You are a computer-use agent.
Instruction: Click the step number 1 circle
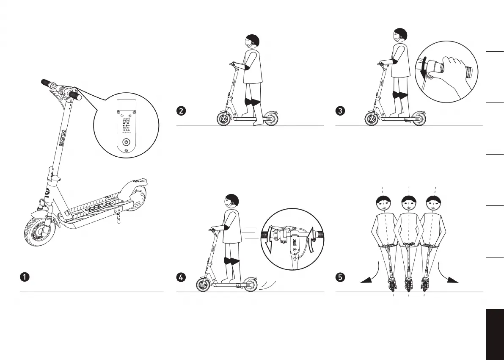click(25, 277)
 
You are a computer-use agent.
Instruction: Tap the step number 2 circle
click(181, 111)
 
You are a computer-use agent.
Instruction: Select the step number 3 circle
click(340, 111)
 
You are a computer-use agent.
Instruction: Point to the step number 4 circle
click(181, 277)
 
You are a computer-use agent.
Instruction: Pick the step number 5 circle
click(340, 277)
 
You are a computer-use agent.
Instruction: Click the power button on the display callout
click(126, 142)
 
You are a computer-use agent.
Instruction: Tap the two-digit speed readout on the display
click(126, 115)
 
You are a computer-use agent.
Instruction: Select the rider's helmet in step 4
click(232, 200)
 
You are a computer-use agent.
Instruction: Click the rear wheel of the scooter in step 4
click(249, 285)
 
